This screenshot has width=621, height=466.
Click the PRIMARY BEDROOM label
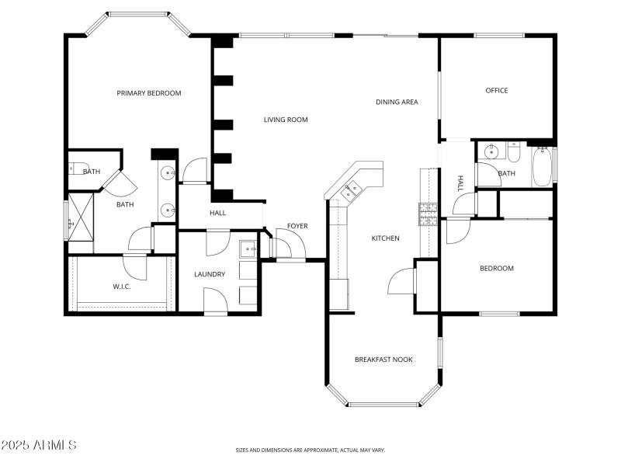[x=149, y=93]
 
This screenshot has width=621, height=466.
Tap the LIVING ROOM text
[x=286, y=120]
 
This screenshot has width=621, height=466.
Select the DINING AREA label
[x=397, y=102]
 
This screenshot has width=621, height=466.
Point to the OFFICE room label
[x=497, y=91]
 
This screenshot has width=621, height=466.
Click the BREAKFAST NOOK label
[x=383, y=360]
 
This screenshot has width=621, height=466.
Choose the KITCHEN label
[x=385, y=238]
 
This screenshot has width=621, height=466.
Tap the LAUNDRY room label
[x=210, y=274]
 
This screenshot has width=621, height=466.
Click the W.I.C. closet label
[x=122, y=287]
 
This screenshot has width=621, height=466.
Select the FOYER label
[x=297, y=226]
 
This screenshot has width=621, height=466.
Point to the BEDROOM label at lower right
[x=497, y=269]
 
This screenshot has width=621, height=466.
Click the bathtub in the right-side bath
[x=542, y=168]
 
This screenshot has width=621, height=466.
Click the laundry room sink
[x=246, y=250]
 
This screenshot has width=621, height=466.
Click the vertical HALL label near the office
[x=460, y=183]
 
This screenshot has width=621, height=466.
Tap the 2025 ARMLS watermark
[x=39, y=446]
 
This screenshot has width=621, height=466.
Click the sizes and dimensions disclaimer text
[x=310, y=450]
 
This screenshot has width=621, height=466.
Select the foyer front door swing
[x=281, y=247]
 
